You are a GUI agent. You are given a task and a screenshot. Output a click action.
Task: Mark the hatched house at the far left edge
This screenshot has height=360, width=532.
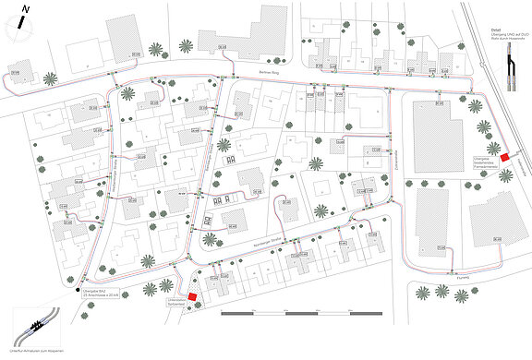(17, 71)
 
